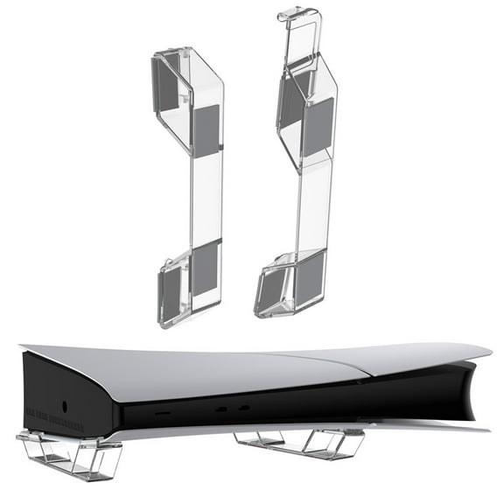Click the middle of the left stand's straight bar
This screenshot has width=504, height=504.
(x=206, y=197)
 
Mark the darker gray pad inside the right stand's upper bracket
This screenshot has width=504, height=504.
(x=291, y=96)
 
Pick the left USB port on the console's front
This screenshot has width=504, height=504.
(x=220, y=409)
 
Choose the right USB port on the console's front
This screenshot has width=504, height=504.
(x=244, y=407)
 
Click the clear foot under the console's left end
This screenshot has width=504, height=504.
(x=70, y=455)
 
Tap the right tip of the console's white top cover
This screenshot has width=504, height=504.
(x=489, y=350)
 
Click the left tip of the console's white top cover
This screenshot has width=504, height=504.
(x=23, y=348)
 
